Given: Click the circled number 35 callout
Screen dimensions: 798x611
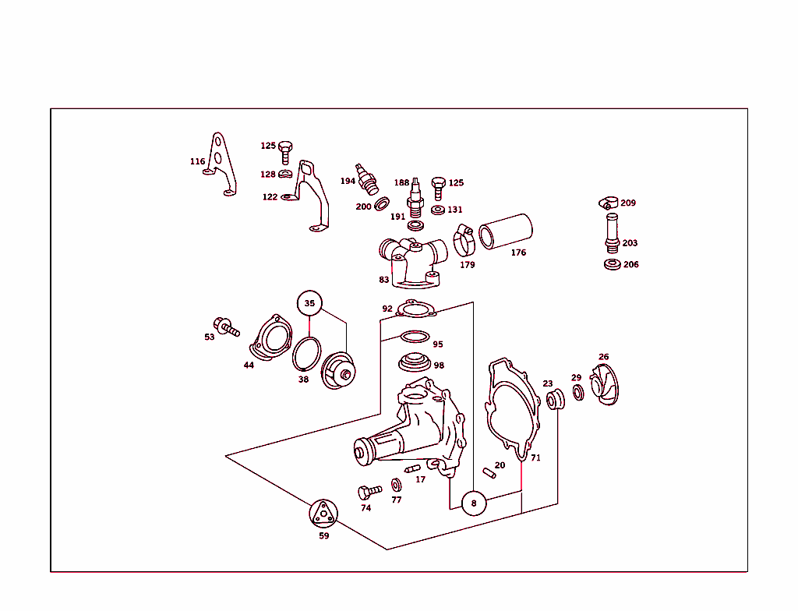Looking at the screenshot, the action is point(309,303).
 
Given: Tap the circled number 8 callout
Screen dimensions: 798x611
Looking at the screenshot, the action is point(474,503).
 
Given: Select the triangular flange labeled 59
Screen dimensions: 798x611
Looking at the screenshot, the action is point(323,514).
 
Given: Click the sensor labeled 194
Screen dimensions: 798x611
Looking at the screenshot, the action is point(368,179).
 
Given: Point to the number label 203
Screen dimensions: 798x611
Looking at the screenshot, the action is point(630,243).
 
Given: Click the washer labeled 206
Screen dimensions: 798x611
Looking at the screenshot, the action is point(613,265).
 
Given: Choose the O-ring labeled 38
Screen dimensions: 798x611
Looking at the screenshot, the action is point(306,353).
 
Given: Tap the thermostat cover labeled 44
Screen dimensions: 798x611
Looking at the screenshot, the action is point(270,337).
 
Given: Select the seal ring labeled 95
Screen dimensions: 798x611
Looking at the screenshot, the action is point(415,337).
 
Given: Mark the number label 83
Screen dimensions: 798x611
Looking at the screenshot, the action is point(383,280).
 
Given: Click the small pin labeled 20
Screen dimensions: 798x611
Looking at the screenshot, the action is point(489,473).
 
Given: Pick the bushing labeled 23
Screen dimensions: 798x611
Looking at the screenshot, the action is point(555,400).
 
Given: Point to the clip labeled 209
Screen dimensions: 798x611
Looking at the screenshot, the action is point(608,203).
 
